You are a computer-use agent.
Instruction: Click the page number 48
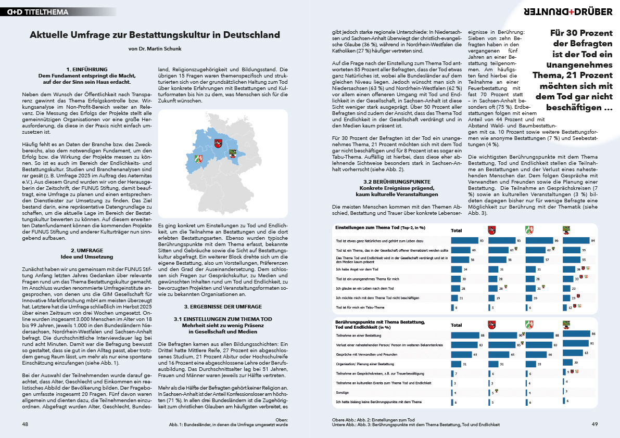(x=25, y=424)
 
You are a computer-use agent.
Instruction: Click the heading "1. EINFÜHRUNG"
(x=87, y=69)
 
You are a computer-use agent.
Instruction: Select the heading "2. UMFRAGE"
(x=87, y=250)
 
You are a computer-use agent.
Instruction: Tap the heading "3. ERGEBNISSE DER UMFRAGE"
(x=223, y=306)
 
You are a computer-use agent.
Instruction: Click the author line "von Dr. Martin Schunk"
(x=155, y=48)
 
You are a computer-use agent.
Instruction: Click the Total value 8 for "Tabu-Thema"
(x=457, y=307)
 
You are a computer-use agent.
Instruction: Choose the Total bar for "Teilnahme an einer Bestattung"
(x=465, y=336)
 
